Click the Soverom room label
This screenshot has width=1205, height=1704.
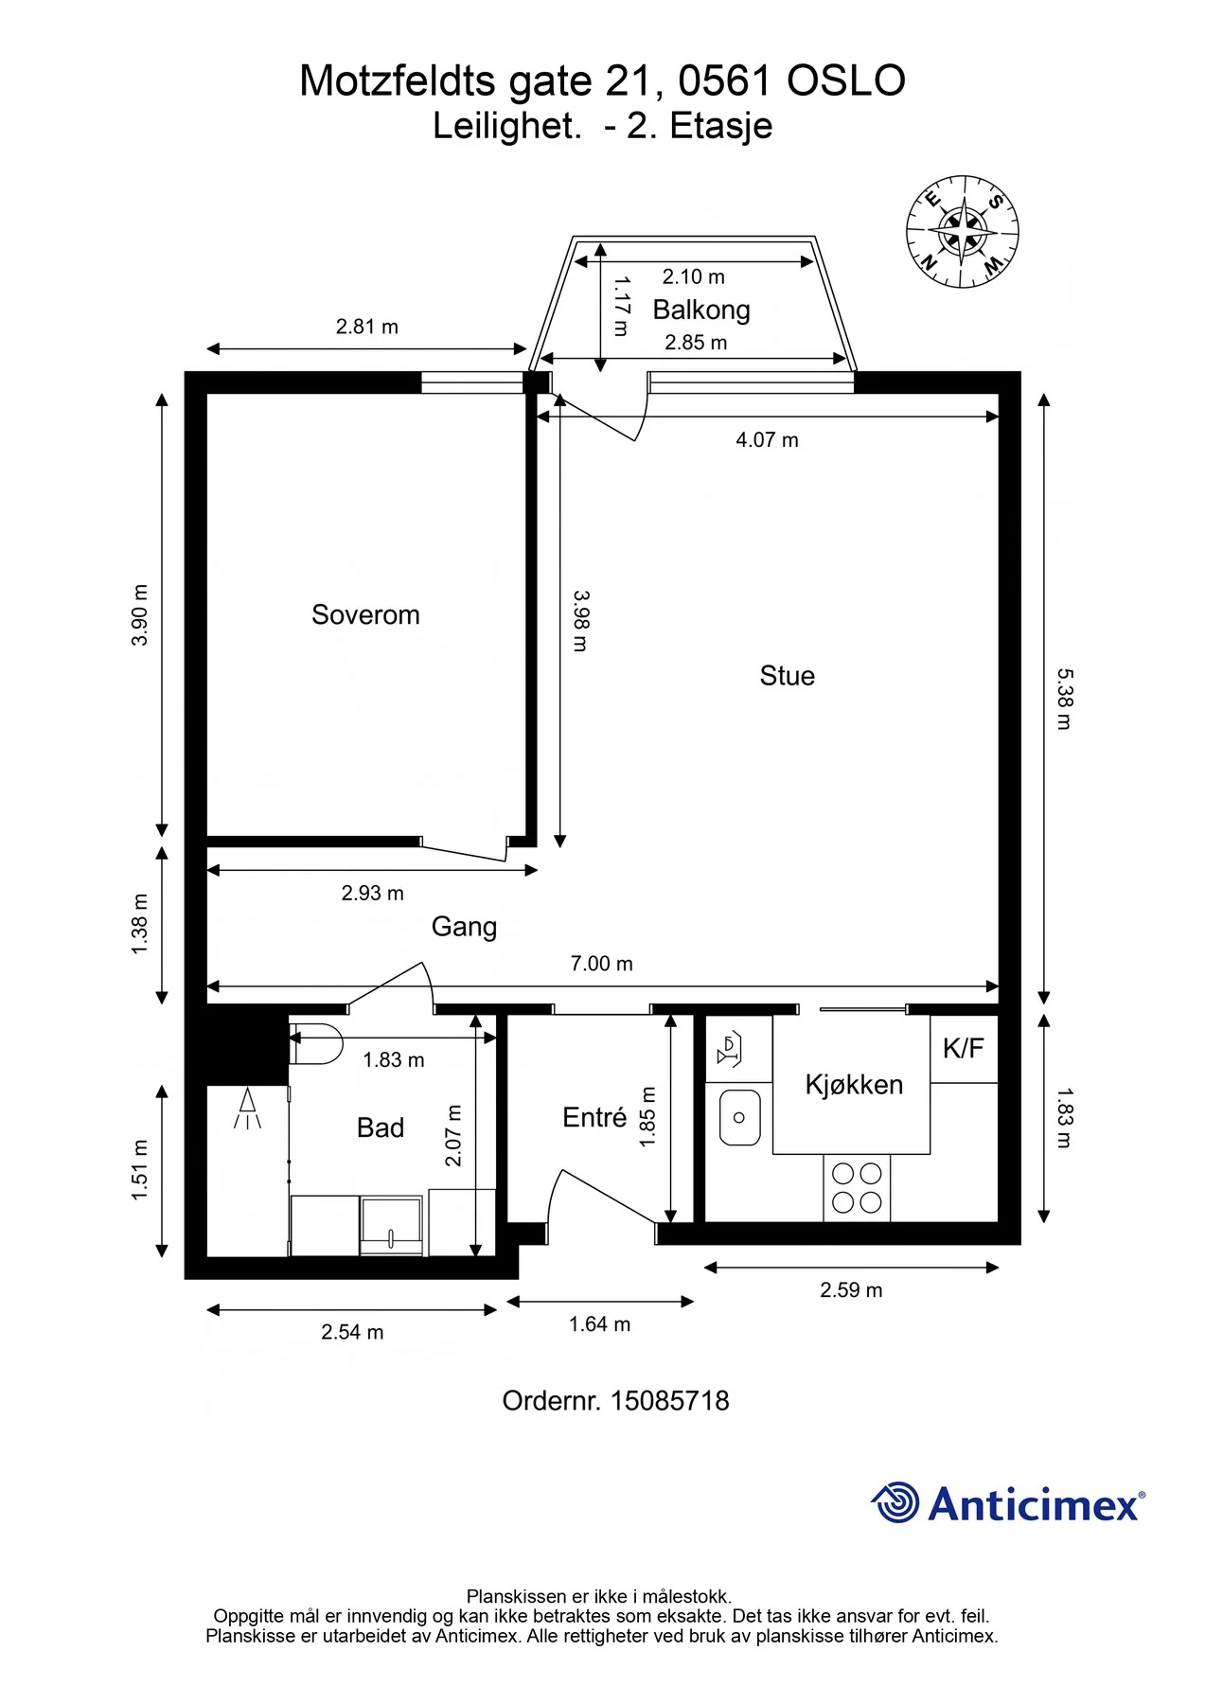click(365, 615)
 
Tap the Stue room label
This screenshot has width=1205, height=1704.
click(787, 676)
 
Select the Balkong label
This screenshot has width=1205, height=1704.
click(701, 311)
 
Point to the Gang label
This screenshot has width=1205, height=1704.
click(464, 927)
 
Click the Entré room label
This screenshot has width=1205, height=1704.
click(594, 1117)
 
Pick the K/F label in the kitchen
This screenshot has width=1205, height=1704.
click(963, 1048)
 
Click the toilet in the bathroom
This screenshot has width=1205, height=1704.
click(315, 1043)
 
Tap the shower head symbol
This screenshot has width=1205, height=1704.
click(248, 1109)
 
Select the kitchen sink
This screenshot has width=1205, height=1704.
click(739, 1117)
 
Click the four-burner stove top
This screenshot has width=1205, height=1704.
click(857, 1188)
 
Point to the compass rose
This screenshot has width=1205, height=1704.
click(963, 232)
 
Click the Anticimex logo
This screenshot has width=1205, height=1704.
click(1008, 1503)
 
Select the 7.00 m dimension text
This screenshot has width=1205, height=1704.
click(601, 964)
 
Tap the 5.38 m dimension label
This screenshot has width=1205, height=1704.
click(1064, 700)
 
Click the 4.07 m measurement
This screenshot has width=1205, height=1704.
click(767, 440)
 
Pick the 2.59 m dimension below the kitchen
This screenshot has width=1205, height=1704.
click(851, 1290)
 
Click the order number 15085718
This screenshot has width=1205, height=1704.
click(670, 1401)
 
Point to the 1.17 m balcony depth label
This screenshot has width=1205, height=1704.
click(622, 306)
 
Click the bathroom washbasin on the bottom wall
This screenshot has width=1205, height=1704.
click(392, 1226)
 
